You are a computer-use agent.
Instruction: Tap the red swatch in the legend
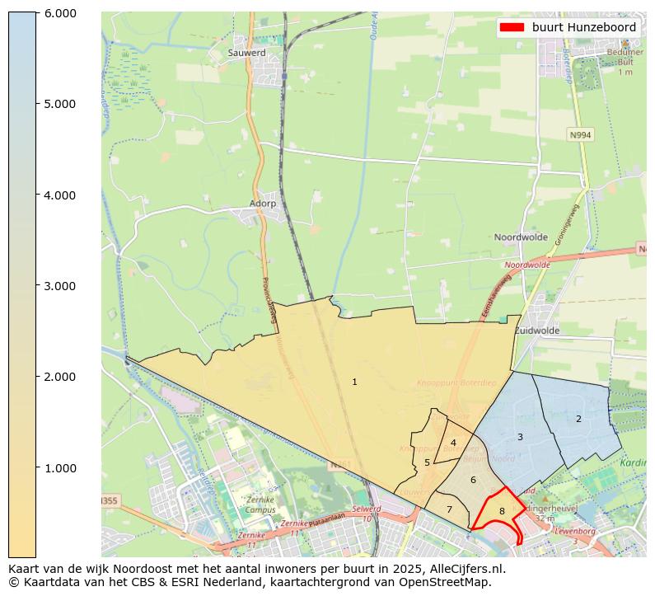click(512, 27)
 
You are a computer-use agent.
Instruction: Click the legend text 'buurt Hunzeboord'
click(583, 27)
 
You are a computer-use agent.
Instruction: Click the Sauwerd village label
click(246, 53)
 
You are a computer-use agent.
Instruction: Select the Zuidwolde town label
click(537, 331)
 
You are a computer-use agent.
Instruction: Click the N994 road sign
click(580, 134)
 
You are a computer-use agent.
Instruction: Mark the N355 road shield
click(109, 501)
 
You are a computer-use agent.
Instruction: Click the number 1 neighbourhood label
click(354, 382)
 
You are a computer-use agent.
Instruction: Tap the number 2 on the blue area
click(578, 419)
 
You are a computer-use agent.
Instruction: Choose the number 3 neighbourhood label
click(520, 437)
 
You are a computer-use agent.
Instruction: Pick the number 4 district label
click(453, 443)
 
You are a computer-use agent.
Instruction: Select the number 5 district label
click(427, 462)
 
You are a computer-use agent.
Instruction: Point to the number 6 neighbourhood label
click(473, 480)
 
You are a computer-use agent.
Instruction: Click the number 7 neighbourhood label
click(449, 509)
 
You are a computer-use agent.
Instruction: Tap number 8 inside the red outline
click(501, 511)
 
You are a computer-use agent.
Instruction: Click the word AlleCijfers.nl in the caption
click(465, 569)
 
